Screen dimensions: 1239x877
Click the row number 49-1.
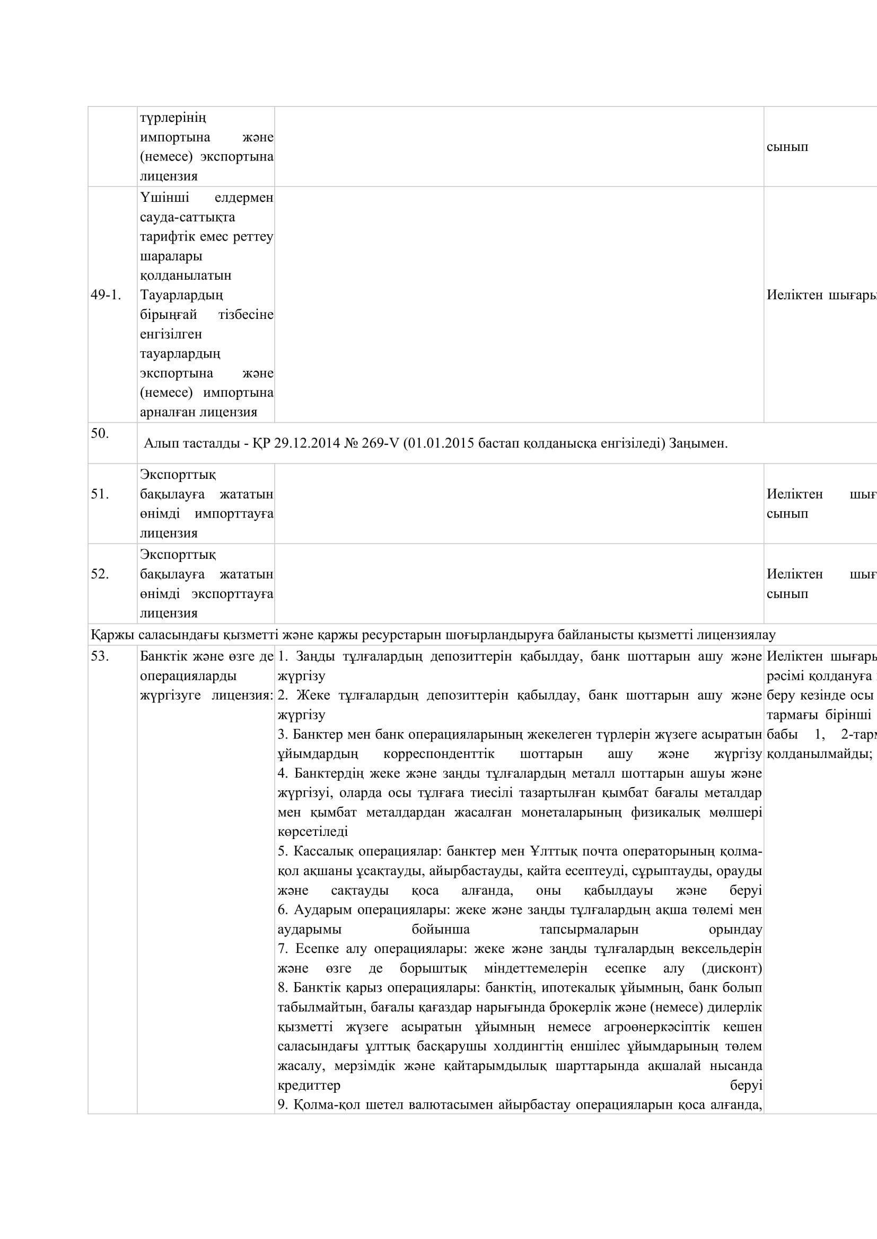click(106, 295)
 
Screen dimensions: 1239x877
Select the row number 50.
click(100, 433)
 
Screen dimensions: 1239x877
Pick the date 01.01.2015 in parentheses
click(440, 443)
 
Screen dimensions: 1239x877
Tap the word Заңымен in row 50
click(697, 443)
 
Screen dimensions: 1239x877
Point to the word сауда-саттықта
click(187, 218)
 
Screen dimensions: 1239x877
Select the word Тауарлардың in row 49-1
click(181, 295)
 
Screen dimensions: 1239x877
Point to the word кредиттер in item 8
click(309, 1085)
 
